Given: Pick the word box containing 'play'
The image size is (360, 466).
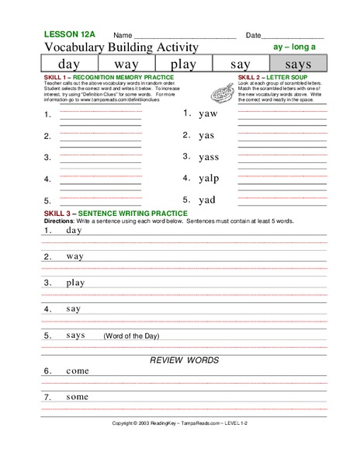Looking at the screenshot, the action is point(183,64).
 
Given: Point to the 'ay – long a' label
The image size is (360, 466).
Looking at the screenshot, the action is point(296,47).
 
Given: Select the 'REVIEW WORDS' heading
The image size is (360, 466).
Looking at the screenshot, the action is point(184,360).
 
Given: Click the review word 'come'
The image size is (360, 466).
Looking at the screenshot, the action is point(78,372).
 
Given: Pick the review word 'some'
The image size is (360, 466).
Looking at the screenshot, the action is point(78,398).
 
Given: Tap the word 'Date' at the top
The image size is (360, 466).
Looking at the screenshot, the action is point(253,36).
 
